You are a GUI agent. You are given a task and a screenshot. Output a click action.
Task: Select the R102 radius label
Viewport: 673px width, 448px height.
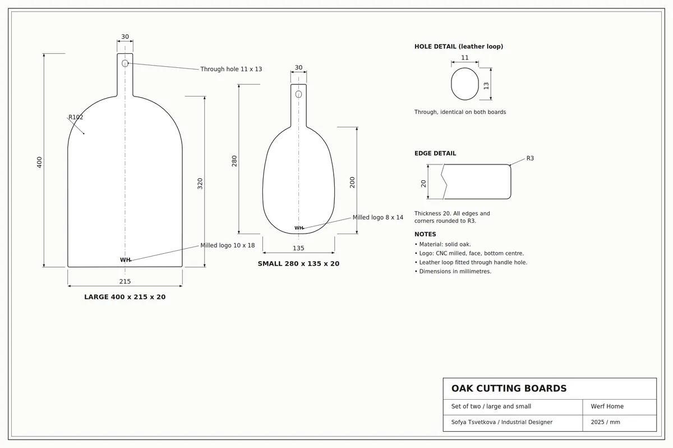coord(76,117)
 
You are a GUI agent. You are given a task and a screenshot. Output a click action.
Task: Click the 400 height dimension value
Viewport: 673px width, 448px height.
coord(39,162)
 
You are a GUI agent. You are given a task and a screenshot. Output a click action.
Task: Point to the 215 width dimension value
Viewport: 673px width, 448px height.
coord(125,281)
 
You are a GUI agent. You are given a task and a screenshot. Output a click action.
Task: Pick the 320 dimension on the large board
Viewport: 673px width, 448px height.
coord(200,184)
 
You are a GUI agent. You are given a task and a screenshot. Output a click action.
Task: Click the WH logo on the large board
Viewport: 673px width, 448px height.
coord(125,260)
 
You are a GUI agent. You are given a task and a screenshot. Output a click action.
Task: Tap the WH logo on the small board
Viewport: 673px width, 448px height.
coord(298,228)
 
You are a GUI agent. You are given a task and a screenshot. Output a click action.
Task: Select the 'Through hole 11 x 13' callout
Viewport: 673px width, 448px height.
coord(231,69)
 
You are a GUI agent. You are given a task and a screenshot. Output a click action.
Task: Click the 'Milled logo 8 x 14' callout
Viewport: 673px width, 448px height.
coord(377,217)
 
